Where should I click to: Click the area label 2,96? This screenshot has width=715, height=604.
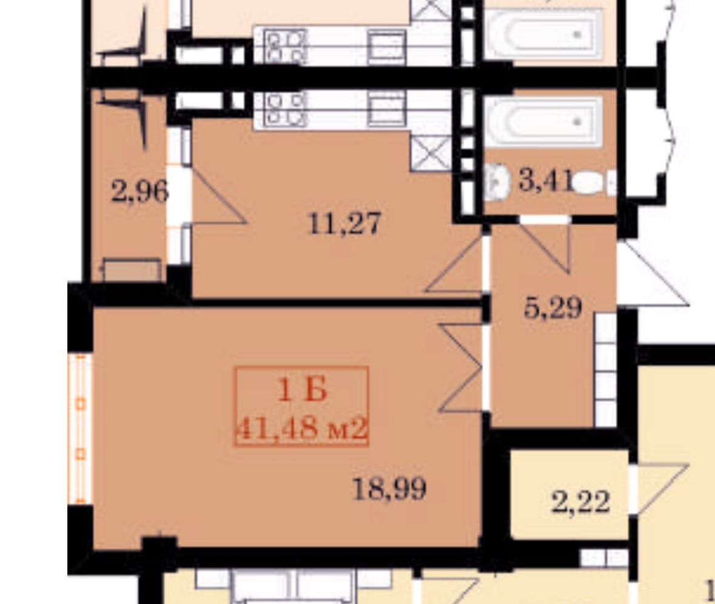139,192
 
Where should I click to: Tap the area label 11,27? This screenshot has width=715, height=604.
344,224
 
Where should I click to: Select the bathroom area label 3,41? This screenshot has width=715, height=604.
545,181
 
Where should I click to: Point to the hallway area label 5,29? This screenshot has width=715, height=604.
552,308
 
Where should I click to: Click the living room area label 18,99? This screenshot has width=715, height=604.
390,489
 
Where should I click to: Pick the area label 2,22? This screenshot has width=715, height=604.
580,503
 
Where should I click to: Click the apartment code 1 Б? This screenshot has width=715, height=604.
302,391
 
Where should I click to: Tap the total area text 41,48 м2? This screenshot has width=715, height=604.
302,429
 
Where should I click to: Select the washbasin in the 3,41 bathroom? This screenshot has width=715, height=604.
497,183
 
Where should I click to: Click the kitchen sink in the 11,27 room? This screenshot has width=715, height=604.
387,109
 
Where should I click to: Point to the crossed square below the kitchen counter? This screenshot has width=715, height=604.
431,153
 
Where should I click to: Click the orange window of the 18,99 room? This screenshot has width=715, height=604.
80,429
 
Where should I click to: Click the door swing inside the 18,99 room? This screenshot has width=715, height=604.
460,368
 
